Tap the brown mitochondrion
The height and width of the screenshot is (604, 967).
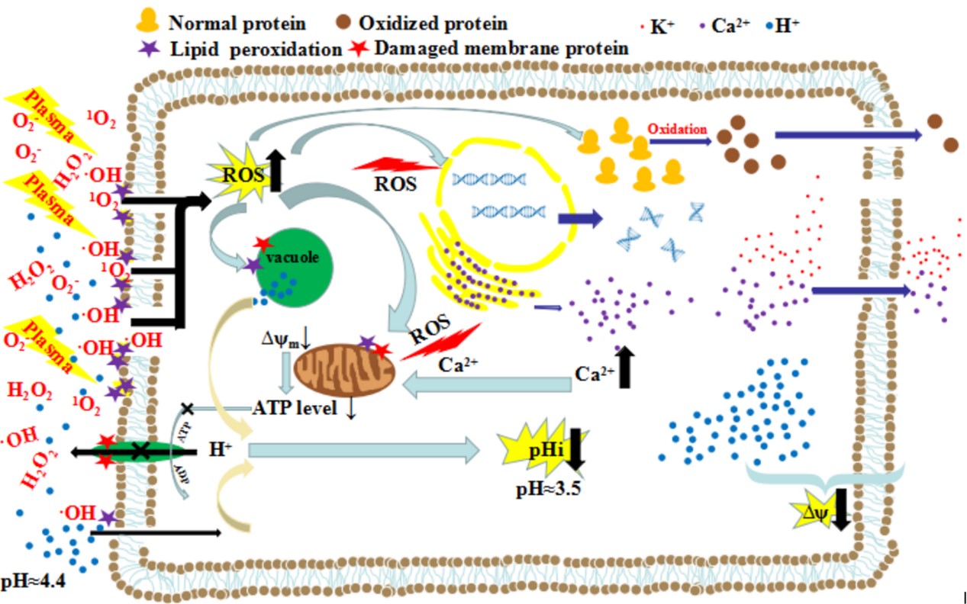(x=343, y=370)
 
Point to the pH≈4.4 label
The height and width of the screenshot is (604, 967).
(x=34, y=583)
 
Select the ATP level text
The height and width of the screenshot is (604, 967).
(x=294, y=409)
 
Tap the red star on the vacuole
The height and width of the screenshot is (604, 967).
(x=263, y=243)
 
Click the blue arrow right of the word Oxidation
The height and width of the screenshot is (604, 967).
(x=848, y=134)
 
